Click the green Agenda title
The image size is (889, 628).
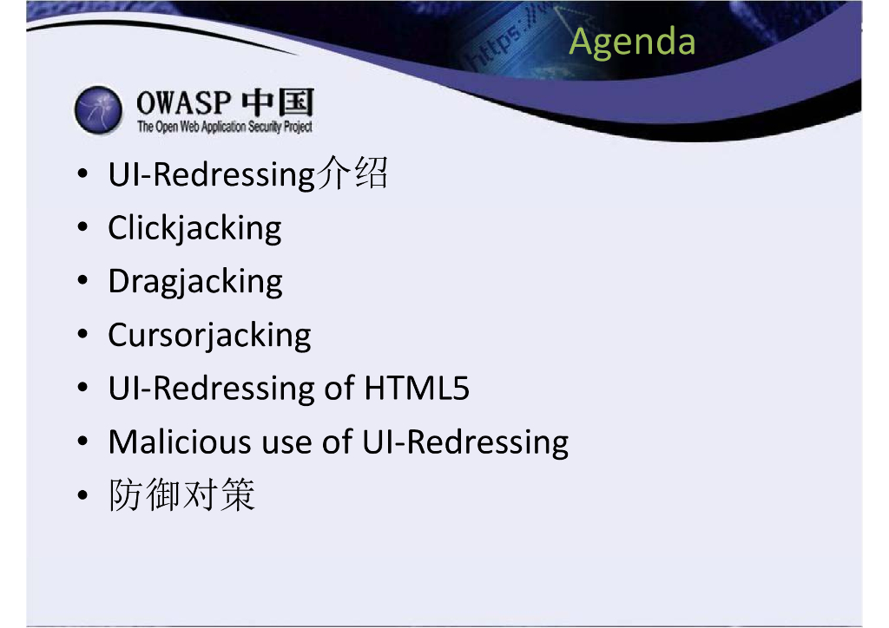632,43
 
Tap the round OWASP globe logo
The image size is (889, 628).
98,110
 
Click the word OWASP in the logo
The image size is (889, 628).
184,103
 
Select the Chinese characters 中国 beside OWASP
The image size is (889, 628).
278,102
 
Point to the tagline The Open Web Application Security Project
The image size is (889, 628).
225,127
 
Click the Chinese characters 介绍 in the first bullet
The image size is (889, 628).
352,173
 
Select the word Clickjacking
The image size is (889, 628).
194,229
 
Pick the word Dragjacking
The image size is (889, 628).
195,282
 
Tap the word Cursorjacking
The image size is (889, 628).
209,336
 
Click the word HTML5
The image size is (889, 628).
417,389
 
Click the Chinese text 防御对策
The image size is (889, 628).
182,494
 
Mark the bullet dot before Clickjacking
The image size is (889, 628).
82,227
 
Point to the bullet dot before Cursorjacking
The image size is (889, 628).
82,334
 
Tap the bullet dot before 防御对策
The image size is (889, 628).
82,495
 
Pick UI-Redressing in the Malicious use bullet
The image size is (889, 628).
465,443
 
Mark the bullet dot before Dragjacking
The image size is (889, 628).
82,281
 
